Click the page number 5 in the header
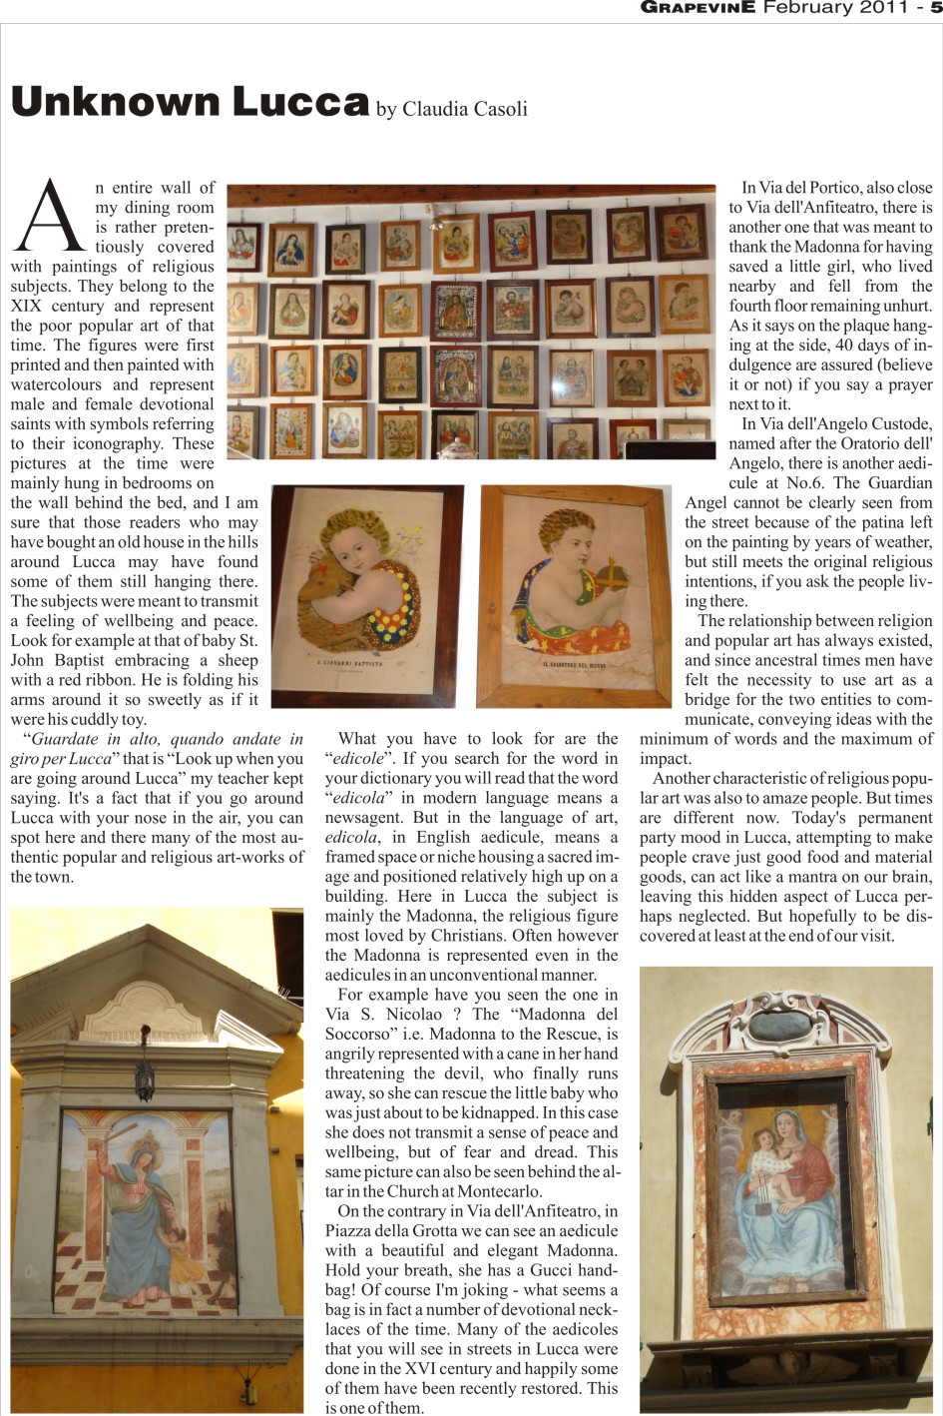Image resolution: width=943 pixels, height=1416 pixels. tap(936, 8)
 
